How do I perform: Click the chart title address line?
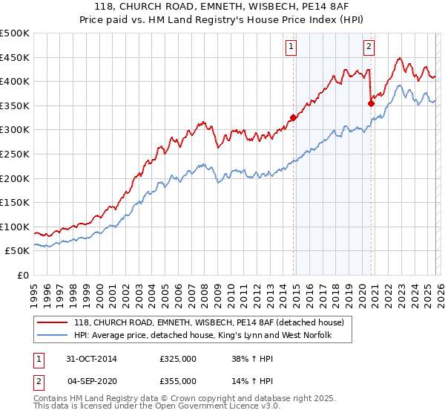(222, 8)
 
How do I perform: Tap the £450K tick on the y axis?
(15, 57)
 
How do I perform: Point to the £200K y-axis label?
(15, 178)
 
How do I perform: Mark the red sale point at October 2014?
(294, 117)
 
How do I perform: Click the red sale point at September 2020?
(370, 103)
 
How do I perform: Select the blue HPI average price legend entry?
(202, 336)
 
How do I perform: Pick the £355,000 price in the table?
(177, 380)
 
